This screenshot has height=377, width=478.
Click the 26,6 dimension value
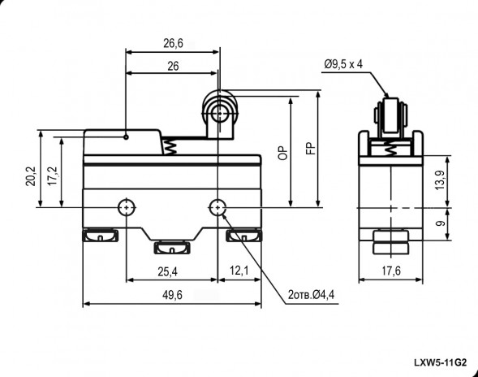tap(172, 42)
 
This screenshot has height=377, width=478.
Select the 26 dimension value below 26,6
tap(172, 68)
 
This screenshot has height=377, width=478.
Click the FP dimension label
tap(309, 150)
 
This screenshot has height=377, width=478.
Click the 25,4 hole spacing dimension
tap(170, 271)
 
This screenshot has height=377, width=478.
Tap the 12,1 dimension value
tap(239, 271)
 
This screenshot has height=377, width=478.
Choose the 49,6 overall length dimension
tap(171, 295)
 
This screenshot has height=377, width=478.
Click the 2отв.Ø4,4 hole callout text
tap(312, 294)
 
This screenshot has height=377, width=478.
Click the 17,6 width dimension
tap(390, 271)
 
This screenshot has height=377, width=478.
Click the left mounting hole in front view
tap(126, 207)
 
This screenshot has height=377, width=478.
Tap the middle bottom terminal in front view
tap(172, 245)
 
